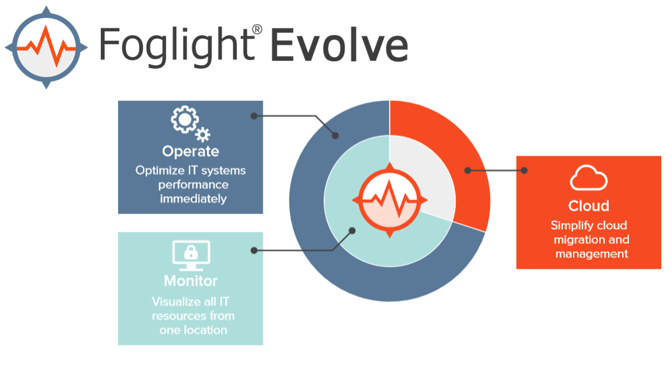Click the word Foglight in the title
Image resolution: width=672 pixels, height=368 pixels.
click(x=176, y=46)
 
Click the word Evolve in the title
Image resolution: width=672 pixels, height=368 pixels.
click(x=339, y=45)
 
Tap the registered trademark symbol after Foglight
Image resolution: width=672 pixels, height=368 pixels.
click(x=257, y=29)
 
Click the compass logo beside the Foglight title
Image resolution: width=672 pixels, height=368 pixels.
click(x=46, y=47)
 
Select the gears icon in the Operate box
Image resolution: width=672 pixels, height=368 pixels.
click(x=190, y=123)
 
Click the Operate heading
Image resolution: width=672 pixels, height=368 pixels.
click(x=191, y=151)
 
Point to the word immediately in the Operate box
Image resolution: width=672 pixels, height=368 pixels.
click(x=194, y=199)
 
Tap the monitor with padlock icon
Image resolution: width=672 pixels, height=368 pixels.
click(x=191, y=256)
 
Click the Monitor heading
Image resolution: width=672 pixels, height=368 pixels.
click(x=191, y=281)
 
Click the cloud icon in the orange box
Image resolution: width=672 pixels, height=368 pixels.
click(x=588, y=178)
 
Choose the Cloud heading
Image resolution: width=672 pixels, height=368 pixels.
click(x=588, y=206)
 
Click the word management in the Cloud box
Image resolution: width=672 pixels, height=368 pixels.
click(x=592, y=254)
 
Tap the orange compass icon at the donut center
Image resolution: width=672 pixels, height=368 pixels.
click(x=390, y=200)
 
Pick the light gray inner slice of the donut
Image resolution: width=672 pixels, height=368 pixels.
click(x=424, y=171)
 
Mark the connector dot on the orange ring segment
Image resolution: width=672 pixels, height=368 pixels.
click(x=468, y=171)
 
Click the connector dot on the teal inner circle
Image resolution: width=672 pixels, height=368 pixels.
click(x=352, y=231)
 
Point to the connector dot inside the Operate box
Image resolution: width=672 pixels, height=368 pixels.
click(x=254, y=116)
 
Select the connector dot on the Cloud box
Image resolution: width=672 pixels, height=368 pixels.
click(x=524, y=171)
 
